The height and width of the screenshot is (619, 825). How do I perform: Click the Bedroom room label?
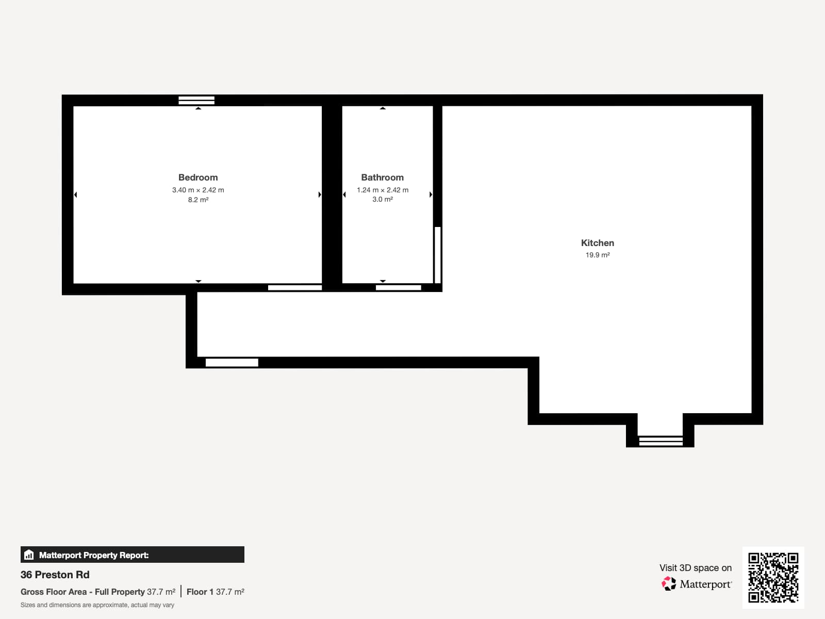pyautogui.click(x=198, y=177)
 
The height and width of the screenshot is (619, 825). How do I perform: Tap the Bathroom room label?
pyautogui.click(x=382, y=177)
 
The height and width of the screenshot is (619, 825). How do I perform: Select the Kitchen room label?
pyautogui.click(x=597, y=243)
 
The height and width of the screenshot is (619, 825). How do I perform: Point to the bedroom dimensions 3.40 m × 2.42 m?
pyautogui.click(x=198, y=190)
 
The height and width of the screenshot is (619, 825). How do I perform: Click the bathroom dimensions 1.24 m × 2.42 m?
pyautogui.click(x=382, y=190)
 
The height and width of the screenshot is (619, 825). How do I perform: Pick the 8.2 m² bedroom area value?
pyautogui.click(x=198, y=200)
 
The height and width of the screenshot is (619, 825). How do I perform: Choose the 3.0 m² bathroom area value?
pyautogui.click(x=382, y=199)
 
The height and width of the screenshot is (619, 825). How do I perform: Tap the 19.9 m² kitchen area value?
pyautogui.click(x=597, y=255)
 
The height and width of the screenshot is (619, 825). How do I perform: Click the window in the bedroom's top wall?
pyautogui.click(x=196, y=100)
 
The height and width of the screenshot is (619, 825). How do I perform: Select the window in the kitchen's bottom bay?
pyautogui.click(x=661, y=441)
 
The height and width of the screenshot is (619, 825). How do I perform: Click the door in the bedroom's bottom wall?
pyautogui.click(x=295, y=288)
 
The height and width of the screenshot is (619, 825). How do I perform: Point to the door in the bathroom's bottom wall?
pyautogui.click(x=399, y=288)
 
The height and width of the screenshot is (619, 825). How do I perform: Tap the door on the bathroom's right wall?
pyautogui.click(x=438, y=255)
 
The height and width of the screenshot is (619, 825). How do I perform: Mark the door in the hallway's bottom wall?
pyautogui.click(x=232, y=363)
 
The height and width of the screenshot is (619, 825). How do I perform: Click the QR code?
pyautogui.click(x=773, y=577)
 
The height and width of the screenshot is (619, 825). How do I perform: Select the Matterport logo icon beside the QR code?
pyautogui.click(x=669, y=584)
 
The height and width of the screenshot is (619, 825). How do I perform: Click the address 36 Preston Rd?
pyautogui.click(x=55, y=575)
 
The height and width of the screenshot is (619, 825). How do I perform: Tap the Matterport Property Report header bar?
pyautogui.click(x=133, y=555)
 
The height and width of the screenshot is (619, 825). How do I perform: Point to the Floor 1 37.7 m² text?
pyautogui.click(x=216, y=592)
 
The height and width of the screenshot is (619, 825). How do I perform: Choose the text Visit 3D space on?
pyautogui.click(x=695, y=568)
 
